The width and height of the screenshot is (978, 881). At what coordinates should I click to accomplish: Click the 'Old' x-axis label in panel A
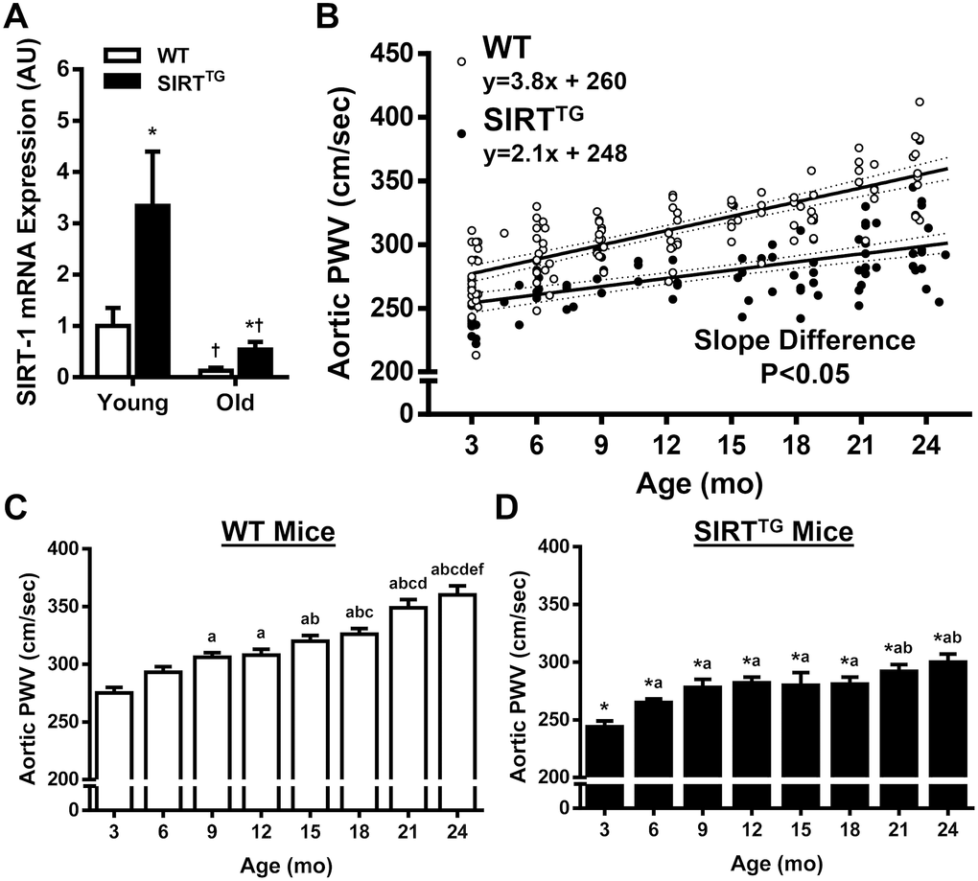click(234, 403)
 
